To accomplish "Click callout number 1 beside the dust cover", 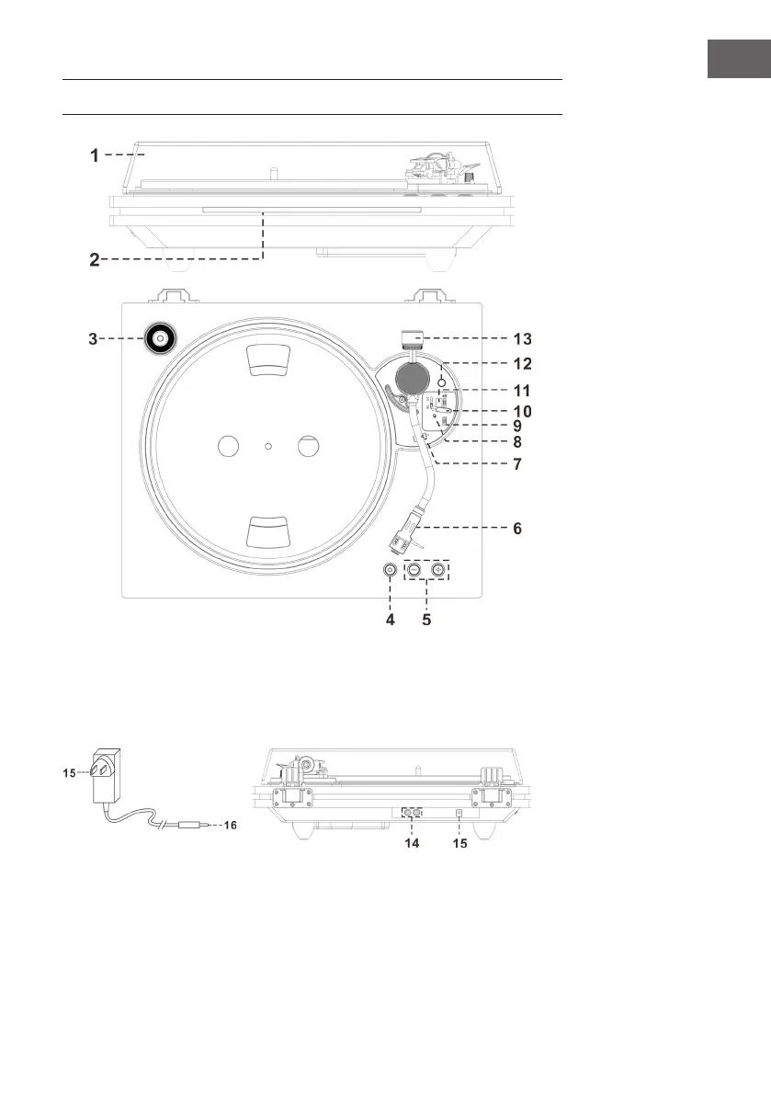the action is coord(95,156).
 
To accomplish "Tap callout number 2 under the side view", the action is coord(95,259).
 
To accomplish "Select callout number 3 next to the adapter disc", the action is coord(95,338).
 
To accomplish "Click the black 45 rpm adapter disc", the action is coord(159,339).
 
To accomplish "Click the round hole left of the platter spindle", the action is coord(227,447).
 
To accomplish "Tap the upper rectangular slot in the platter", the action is coord(267,361).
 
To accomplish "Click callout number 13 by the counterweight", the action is coord(521,338).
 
